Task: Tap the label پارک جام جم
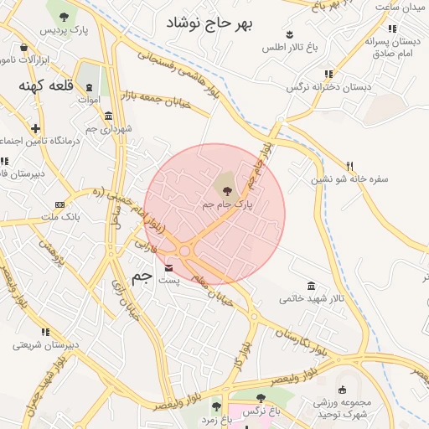pos(227,204)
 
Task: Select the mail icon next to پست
pos(171,268)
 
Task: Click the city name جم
pos(142,276)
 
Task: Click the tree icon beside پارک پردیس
pos(64,16)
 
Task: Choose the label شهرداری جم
pos(109,129)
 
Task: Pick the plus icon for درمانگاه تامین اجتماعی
pos(35,128)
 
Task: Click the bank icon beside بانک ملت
pos(59,204)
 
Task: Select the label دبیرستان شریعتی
pos(46,344)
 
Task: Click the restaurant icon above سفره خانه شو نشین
pos(350,166)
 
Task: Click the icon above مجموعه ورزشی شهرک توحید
pos(341,390)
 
